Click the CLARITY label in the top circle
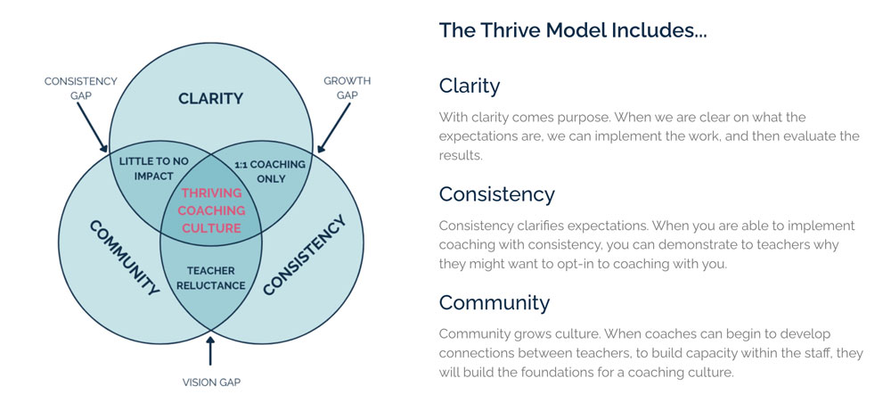click(x=210, y=98)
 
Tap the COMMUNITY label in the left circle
click(x=124, y=258)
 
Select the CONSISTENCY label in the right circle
click(x=304, y=255)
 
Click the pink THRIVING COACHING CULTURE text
click(x=211, y=210)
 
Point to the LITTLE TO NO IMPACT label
click(x=153, y=168)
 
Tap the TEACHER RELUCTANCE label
click(x=210, y=278)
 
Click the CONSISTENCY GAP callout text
click(x=81, y=88)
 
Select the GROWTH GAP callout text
click(x=347, y=87)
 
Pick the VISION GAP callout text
click(x=211, y=382)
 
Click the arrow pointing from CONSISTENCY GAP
click(x=93, y=127)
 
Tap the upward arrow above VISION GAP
click(x=210, y=350)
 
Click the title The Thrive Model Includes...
click(x=573, y=30)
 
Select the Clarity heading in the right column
click(x=470, y=87)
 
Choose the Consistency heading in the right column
click(x=496, y=195)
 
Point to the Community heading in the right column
click(x=495, y=302)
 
